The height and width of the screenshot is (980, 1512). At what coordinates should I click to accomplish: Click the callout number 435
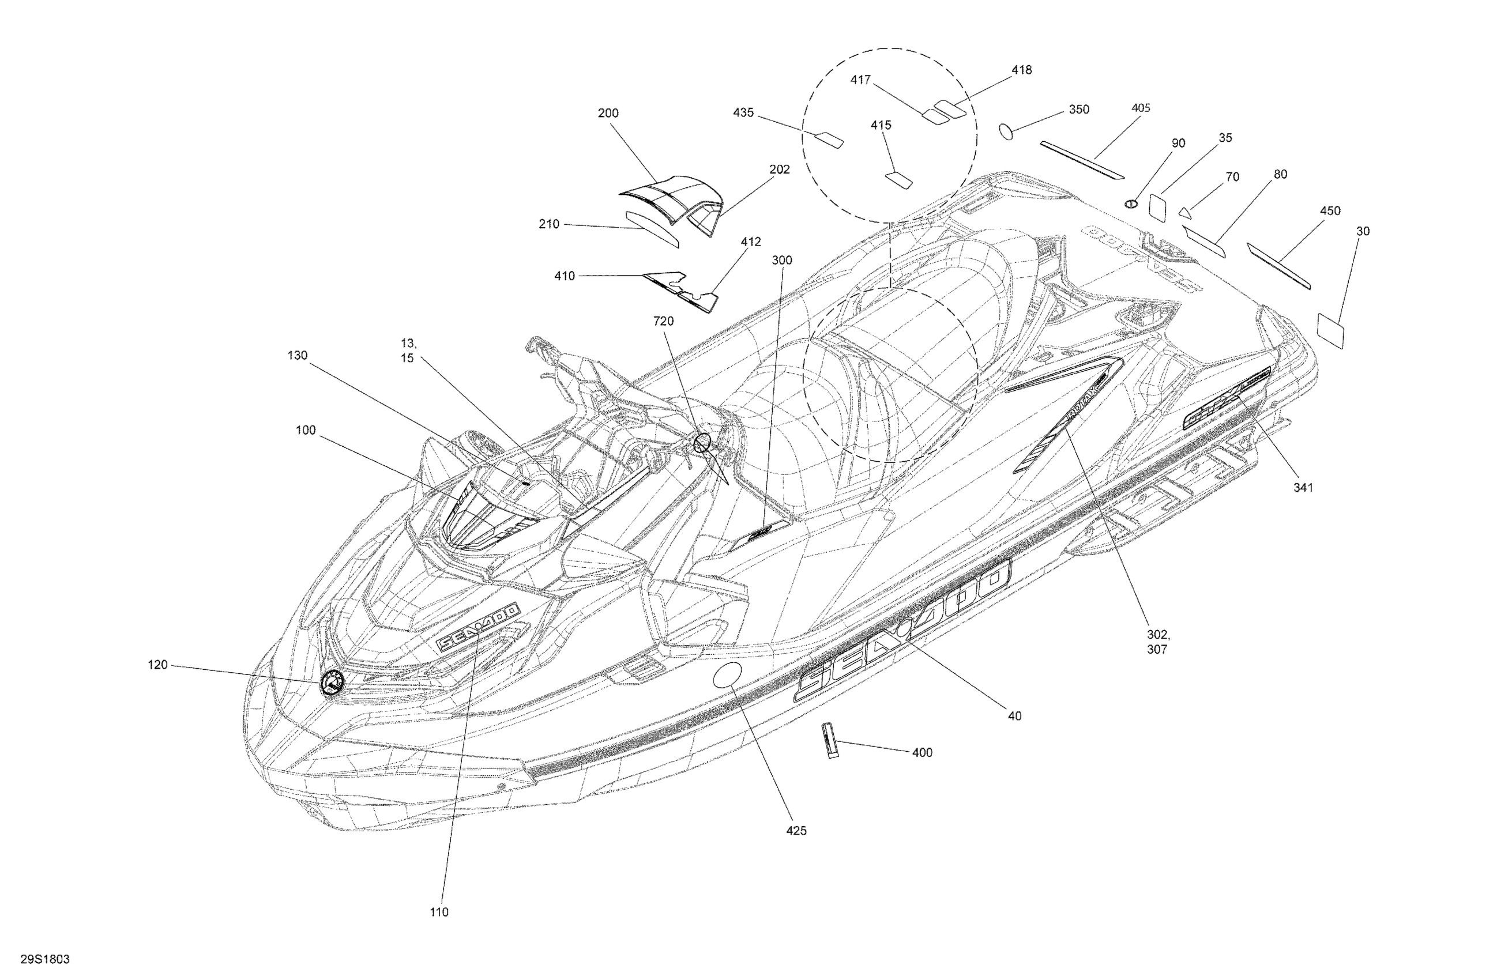[743, 113]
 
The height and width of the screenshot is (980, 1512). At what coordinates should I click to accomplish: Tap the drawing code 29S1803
[45, 959]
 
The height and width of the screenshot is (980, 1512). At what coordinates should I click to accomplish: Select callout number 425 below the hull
[795, 831]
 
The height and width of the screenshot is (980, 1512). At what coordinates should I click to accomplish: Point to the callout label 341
[1303, 487]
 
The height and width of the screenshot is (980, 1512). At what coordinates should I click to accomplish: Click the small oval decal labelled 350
[1007, 131]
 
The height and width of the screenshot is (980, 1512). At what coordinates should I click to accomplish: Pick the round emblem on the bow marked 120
[331, 683]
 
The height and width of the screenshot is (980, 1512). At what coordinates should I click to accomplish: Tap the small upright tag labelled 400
[831, 741]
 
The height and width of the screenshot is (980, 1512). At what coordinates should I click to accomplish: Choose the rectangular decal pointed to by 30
[1330, 330]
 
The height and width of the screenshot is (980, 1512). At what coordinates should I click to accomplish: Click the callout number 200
[607, 113]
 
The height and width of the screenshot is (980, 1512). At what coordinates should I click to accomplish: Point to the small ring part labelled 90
[1130, 203]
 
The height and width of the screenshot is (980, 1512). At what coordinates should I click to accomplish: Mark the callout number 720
[663, 321]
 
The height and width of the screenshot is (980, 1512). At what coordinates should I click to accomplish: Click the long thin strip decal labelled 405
[1081, 160]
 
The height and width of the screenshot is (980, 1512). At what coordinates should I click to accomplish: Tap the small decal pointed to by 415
[899, 180]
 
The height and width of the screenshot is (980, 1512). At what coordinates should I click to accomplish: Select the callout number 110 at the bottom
[439, 912]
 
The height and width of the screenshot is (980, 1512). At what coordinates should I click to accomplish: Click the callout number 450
[1330, 211]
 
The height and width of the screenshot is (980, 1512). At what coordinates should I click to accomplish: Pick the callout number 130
[298, 356]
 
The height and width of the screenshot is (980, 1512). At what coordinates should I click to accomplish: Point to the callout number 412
[750, 242]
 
